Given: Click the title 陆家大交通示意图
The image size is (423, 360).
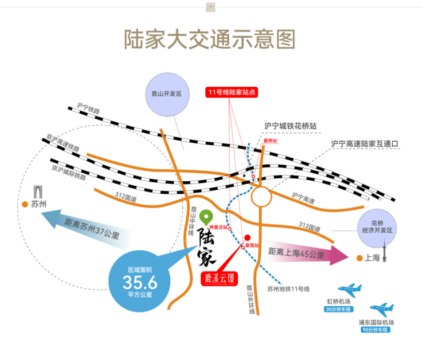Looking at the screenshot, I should pyautogui.click(x=210, y=39).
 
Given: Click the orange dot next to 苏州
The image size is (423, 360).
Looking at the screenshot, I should pyautogui.click(x=25, y=204).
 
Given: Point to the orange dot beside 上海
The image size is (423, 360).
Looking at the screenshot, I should pyautogui.click(x=359, y=258).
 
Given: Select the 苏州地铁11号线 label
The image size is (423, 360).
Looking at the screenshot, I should pyautogui.click(x=289, y=289).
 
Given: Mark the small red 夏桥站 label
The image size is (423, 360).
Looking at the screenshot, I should pyautogui.click(x=270, y=139).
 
